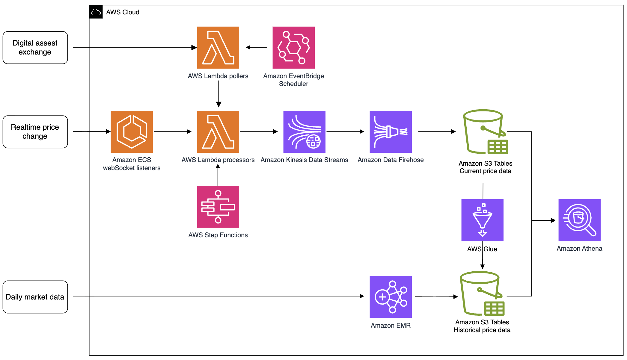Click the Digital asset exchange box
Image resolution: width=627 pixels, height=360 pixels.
(35, 48)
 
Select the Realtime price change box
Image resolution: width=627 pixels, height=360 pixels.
(35, 132)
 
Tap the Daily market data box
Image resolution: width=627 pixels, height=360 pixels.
(35, 297)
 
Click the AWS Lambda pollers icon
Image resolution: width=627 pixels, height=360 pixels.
(218, 48)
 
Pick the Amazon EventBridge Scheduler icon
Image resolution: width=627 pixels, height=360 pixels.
(293, 48)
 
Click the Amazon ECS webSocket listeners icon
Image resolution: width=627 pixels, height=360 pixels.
(132, 132)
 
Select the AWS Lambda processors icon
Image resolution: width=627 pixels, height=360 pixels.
(218, 132)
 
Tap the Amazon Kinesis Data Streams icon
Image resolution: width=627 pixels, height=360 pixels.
(304, 132)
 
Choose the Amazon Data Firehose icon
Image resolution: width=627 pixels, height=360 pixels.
(391, 132)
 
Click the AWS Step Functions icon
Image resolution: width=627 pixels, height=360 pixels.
(218, 207)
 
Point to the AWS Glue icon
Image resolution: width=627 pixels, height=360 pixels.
(482, 220)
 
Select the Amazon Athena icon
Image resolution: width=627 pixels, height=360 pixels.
(579, 220)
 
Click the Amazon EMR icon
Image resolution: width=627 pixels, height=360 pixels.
(391, 297)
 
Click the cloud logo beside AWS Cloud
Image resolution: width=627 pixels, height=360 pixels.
(96, 12)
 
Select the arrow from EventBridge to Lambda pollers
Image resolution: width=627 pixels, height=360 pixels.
(257, 47)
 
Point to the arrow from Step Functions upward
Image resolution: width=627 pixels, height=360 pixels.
(218, 175)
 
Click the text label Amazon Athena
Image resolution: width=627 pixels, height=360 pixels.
(579, 249)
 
